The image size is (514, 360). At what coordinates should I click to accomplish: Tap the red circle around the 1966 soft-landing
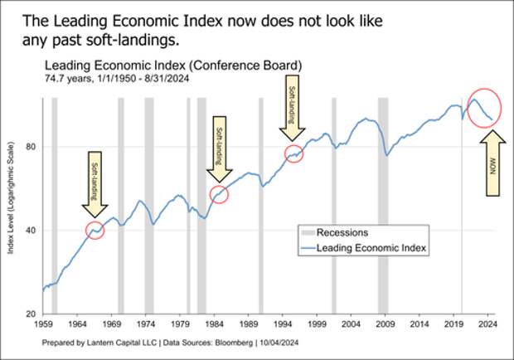pos(95,231)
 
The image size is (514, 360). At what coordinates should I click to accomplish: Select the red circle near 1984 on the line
pos(219,194)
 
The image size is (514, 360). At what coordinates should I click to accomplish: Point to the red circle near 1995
pos(293,153)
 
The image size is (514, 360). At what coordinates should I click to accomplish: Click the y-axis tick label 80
pos(29,147)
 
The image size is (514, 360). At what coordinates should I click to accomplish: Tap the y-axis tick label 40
pos(29,231)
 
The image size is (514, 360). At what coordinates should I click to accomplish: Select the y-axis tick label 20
pos(29,314)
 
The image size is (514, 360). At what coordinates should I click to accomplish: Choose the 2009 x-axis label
pos(385,325)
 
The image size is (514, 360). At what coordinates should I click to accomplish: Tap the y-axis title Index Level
pos(12,207)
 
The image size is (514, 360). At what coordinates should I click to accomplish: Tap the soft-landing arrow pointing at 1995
pos(293,112)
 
